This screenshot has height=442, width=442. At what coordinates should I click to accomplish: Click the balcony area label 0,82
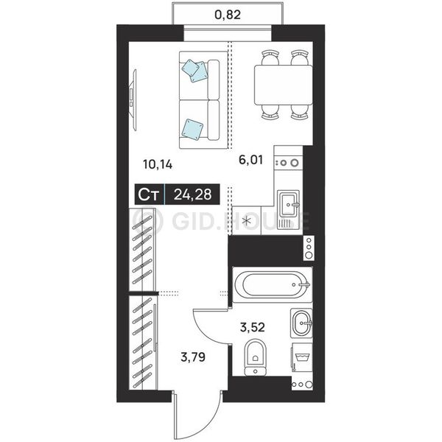point(228,15)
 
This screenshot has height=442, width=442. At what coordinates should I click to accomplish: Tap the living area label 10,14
point(158,164)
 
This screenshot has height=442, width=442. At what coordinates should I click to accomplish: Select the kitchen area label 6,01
point(250,160)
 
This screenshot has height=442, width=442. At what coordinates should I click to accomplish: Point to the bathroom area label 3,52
point(252,327)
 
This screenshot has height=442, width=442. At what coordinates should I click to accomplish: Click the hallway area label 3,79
point(193,357)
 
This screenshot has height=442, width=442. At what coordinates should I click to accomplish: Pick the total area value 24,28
point(192,194)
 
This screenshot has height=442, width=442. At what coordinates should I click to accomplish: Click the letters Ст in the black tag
point(149,194)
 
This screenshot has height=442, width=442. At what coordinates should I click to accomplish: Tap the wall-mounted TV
point(133,100)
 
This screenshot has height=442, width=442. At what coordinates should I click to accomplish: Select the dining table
point(284,85)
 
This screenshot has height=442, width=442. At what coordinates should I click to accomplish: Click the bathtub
point(273,284)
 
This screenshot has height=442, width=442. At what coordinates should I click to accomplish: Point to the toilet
point(255,357)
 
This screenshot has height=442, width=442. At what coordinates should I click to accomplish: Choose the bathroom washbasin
point(301,323)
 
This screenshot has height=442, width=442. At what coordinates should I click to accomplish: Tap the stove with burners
point(288,163)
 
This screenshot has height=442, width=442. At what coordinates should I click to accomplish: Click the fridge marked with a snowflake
point(247,220)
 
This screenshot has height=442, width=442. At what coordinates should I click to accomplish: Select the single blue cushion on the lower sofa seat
point(192,130)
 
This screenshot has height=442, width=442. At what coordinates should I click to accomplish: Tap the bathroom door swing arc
point(207,330)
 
